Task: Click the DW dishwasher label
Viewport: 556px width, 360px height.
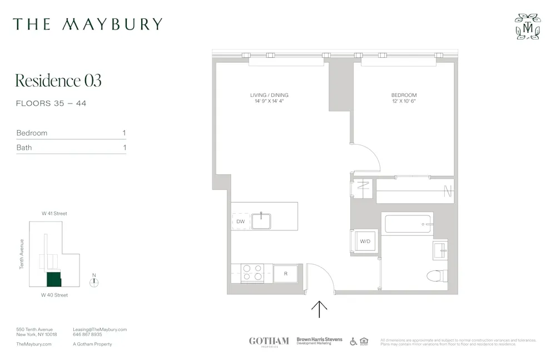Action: (x=240, y=221)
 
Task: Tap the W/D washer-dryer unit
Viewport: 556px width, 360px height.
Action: (x=365, y=241)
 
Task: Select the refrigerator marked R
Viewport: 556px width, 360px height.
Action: (x=285, y=273)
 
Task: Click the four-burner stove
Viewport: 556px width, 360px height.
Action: (x=252, y=273)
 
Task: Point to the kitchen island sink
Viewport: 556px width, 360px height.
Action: (x=261, y=221)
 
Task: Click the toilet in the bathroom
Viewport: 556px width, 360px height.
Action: (x=437, y=275)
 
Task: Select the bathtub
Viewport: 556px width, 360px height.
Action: (x=409, y=224)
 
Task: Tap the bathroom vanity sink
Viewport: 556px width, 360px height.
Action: (x=440, y=250)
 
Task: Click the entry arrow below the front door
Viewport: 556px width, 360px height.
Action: (x=319, y=309)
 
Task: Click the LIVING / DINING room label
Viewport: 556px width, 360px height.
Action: (x=269, y=95)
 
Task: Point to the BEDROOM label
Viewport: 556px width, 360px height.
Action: (x=404, y=95)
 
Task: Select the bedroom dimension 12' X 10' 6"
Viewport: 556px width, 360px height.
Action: (x=404, y=102)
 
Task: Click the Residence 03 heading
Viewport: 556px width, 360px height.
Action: (x=58, y=81)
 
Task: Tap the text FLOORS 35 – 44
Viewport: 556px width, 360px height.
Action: (x=51, y=103)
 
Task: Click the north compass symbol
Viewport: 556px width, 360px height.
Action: (x=95, y=282)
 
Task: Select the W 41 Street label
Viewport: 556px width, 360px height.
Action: (x=54, y=214)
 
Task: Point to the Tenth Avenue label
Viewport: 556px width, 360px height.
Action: (x=22, y=254)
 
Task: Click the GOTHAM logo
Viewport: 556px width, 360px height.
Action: (x=269, y=341)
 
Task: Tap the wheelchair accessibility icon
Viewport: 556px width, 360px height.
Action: (x=353, y=341)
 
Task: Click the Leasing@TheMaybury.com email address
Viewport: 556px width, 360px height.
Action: (x=100, y=329)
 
